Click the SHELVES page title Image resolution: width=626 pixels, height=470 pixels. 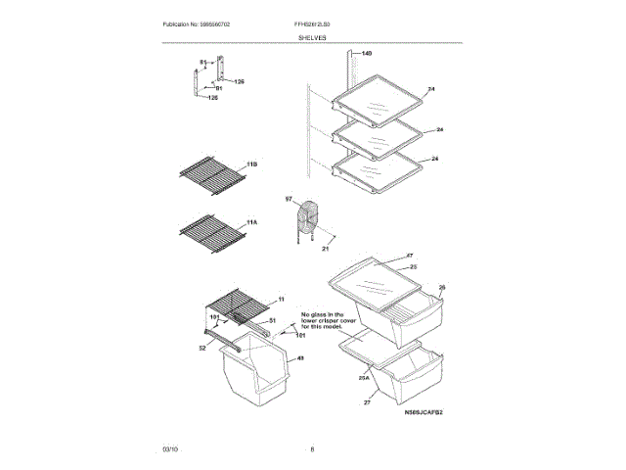[x=313, y=37]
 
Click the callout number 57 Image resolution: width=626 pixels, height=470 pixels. [x=289, y=200]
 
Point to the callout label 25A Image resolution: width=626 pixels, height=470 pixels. [x=363, y=377]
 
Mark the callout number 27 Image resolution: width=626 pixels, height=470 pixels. [x=369, y=402]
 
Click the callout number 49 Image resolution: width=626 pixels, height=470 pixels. [x=300, y=358]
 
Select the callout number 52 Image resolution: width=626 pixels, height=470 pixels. [x=203, y=347]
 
